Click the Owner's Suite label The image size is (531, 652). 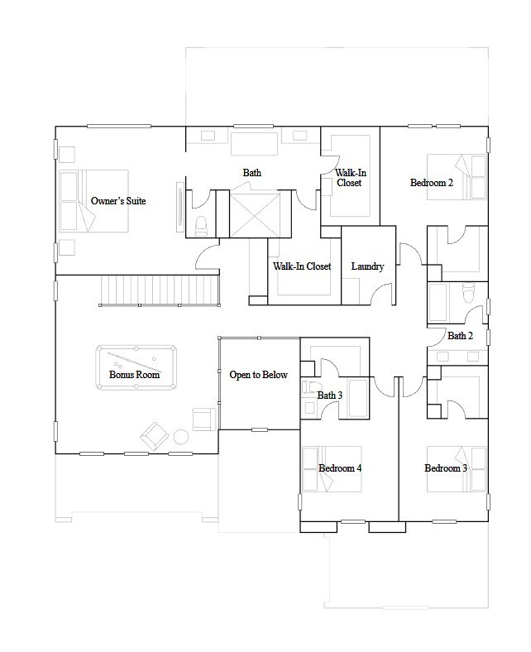click(x=118, y=201)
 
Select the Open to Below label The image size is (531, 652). click(x=258, y=375)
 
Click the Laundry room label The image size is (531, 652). click(x=366, y=266)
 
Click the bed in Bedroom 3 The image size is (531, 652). click(x=457, y=469)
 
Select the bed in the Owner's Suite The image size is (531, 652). click(x=93, y=201)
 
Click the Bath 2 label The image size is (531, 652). click(x=460, y=336)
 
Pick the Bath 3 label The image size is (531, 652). click(x=330, y=396)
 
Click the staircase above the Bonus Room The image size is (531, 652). click(x=160, y=290)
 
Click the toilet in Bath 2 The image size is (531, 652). click(x=468, y=291)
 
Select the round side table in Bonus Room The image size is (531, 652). click(x=180, y=436)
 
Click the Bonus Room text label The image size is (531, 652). click(x=135, y=375)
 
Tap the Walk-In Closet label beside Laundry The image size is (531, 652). click(x=302, y=266)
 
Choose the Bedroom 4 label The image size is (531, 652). click(x=340, y=468)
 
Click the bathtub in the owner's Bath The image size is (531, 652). click(x=252, y=143)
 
